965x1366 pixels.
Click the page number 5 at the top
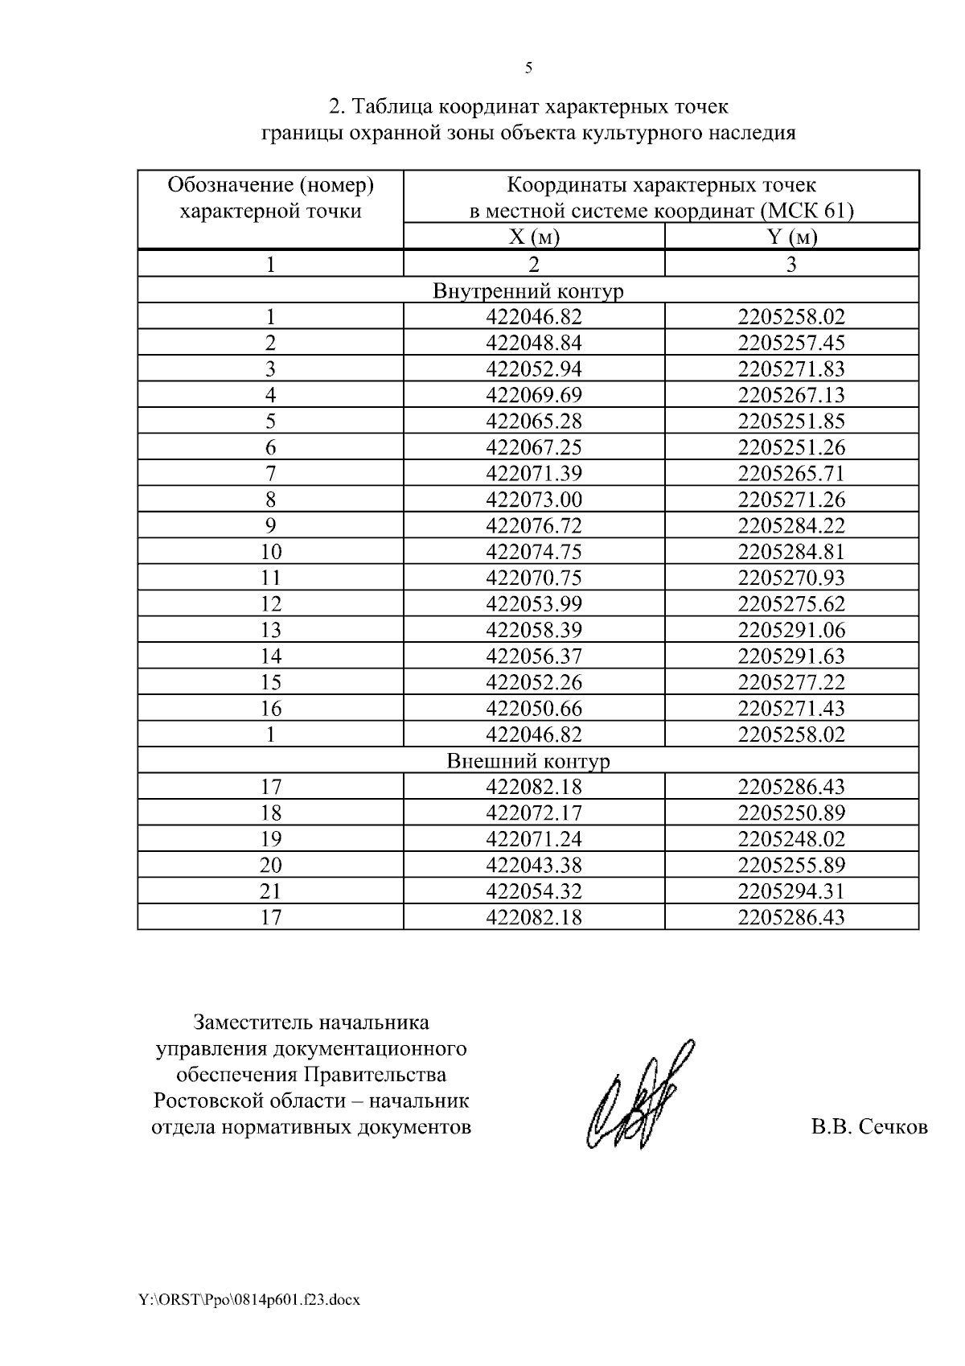pyautogui.click(x=528, y=68)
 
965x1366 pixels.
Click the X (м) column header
pyautogui.click(x=534, y=237)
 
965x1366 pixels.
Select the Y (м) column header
pyautogui.click(x=791, y=237)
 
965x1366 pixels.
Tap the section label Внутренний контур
pyautogui.click(x=528, y=290)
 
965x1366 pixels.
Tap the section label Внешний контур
pyautogui.click(x=528, y=761)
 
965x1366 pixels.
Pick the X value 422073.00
pyautogui.click(x=534, y=500)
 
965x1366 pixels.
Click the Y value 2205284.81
pyautogui.click(x=791, y=552)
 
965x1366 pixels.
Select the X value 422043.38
pyautogui.click(x=534, y=866)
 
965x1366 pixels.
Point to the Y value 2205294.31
pyautogui.click(x=791, y=891)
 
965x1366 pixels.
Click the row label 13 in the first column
pyautogui.click(x=271, y=630)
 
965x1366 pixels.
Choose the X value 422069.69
pyautogui.click(x=534, y=395)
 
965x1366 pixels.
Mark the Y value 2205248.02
pyautogui.click(x=791, y=839)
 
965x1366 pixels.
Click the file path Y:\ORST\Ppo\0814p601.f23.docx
pyautogui.click(x=248, y=1300)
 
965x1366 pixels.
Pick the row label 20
pyautogui.click(x=271, y=866)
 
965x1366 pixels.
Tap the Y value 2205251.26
pyautogui.click(x=791, y=447)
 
